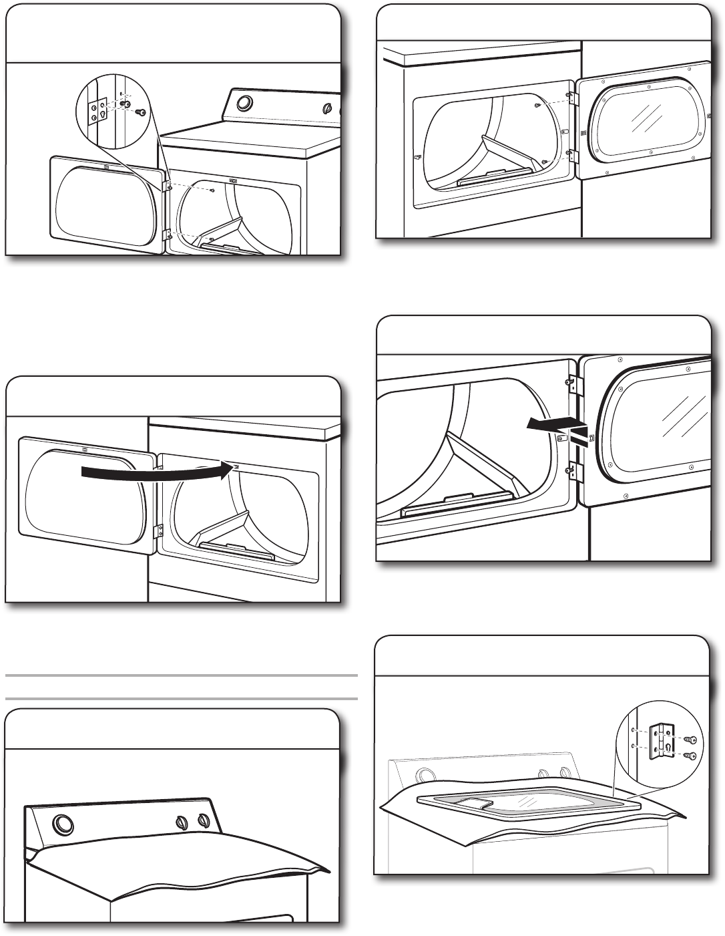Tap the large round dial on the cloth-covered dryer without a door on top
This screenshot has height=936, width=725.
click(x=63, y=826)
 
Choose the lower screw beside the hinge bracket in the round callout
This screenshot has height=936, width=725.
click(x=690, y=756)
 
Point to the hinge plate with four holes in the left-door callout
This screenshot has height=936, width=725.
click(x=98, y=109)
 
